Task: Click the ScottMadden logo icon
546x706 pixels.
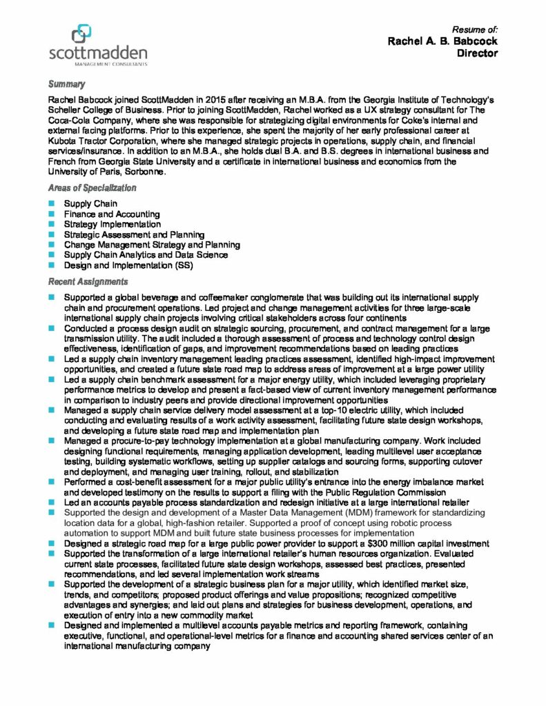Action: [81, 34]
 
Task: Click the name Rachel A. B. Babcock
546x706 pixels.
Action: [442, 41]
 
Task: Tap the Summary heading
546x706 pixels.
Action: [66, 84]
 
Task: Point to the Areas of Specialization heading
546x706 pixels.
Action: [92, 188]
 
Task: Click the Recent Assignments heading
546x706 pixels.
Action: [88, 281]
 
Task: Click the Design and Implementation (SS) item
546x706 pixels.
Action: [128, 265]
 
